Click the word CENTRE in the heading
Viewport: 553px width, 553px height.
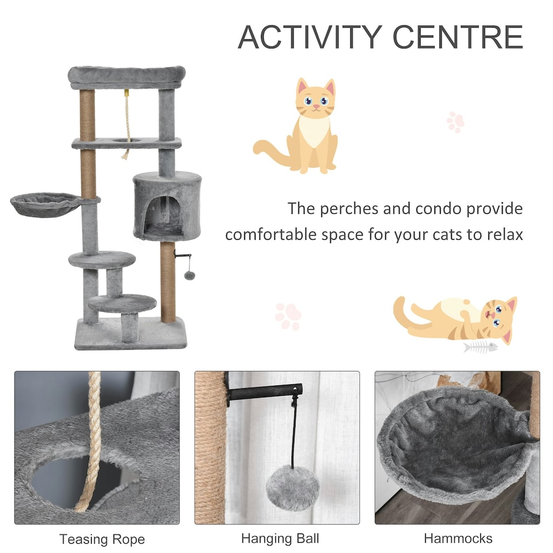tap(458, 37)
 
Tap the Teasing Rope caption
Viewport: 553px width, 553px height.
tap(102, 540)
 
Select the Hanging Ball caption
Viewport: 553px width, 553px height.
tap(280, 539)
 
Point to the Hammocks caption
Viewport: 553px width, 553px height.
tap(458, 539)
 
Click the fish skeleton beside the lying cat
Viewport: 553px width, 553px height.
tap(480, 347)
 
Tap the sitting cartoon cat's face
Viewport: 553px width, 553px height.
tap(315, 101)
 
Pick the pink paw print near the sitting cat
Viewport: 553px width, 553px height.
tap(456, 122)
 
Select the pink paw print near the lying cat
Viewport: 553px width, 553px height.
tap(288, 316)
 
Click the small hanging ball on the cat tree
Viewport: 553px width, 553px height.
tap(189, 275)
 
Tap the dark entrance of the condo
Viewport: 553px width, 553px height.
tap(165, 214)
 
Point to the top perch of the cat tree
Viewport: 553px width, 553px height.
tap(127, 76)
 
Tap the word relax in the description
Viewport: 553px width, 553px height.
tap(502, 234)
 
